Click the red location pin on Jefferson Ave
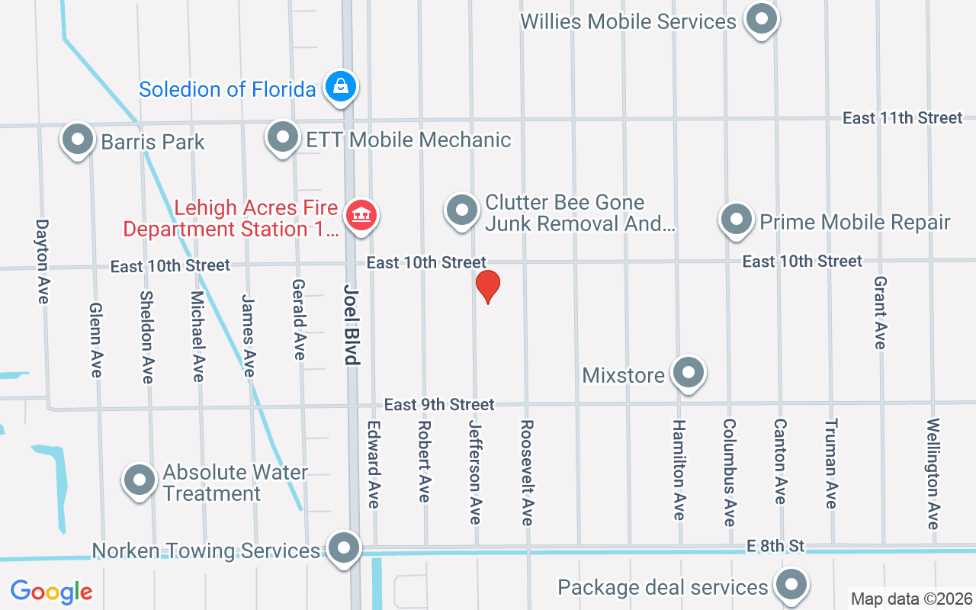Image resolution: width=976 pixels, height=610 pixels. [488, 287]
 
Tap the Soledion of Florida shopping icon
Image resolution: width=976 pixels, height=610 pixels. [341, 87]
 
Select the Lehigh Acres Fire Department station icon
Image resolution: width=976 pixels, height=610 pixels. [362, 215]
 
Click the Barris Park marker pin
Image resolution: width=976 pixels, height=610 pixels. [77, 140]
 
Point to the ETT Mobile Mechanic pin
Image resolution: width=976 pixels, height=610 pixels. [283, 137]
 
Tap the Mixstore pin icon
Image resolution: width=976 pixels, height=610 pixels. [689, 373]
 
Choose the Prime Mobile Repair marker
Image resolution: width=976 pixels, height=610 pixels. [736, 219]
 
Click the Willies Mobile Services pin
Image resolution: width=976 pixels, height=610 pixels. [760, 19]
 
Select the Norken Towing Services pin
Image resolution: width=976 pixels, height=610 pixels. [345, 547]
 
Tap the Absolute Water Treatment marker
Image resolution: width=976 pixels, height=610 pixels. [139, 480]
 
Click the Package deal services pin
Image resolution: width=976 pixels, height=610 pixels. [791, 585]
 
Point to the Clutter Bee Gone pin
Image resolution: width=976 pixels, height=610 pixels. [461, 210]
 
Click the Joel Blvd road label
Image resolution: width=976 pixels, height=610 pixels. [352, 326]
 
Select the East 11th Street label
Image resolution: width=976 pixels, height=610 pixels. [902, 117]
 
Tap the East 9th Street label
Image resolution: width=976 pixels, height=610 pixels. [439, 404]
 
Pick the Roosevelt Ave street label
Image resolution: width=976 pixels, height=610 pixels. [526, 472]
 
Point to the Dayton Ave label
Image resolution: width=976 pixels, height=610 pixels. [42, 262]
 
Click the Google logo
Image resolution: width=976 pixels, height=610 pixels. [51, 591]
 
